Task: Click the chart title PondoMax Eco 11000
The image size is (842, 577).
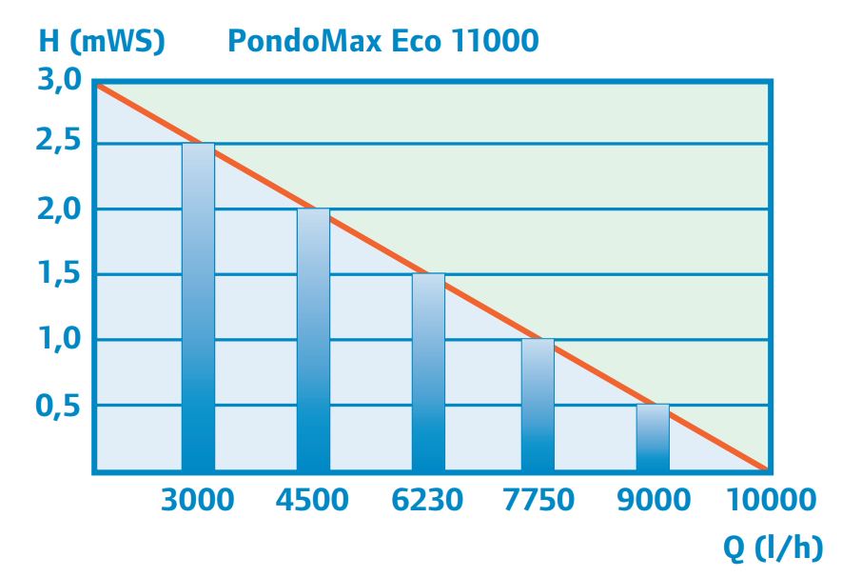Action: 382,42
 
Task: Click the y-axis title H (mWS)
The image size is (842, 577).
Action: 102,42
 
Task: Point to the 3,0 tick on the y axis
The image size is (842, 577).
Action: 60,81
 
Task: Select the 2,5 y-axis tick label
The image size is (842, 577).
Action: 60,145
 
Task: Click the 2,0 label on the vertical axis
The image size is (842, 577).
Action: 60,209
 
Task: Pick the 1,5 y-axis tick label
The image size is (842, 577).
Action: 60,275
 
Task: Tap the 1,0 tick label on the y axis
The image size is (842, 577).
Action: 60,340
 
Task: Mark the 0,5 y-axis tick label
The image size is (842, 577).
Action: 60,406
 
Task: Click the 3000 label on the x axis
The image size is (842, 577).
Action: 198,499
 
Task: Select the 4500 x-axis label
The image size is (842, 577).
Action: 313,499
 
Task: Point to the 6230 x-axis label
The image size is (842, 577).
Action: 428,499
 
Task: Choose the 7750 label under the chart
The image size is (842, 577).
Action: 538,499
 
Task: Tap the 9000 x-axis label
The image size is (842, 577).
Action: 653,499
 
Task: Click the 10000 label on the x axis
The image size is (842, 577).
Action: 771,499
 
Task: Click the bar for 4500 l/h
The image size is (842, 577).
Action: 313,339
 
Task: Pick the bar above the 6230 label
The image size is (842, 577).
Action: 428,371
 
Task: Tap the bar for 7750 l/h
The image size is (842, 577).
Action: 538,405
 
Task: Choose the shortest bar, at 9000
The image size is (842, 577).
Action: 653,437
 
